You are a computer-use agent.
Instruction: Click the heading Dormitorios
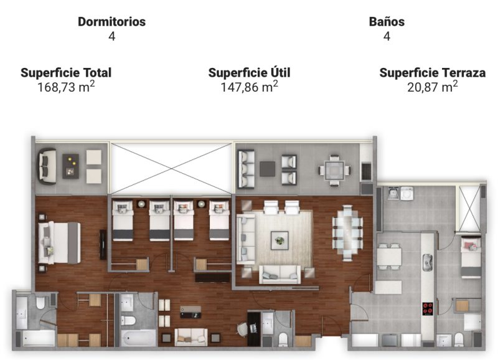point(112,22)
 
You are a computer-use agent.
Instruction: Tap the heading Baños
point(387,22)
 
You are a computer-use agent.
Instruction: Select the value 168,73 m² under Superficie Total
point(66,87)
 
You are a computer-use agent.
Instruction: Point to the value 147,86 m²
point(250,87)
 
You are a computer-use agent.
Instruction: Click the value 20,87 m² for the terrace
point(433,87)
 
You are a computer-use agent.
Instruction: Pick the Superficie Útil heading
point(250,72)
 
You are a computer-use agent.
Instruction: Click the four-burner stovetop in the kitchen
point(428,308)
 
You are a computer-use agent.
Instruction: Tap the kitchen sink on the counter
point(428,262)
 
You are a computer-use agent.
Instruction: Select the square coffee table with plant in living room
point(280,240)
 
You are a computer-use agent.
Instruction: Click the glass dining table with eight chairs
point(348,233)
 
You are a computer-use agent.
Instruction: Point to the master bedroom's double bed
point(59,243)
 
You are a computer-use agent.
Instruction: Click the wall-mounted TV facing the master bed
point(103,244)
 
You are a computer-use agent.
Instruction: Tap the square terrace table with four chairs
point(335,170)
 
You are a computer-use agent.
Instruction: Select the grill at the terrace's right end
point(367,171)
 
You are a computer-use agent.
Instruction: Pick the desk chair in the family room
point(243,328)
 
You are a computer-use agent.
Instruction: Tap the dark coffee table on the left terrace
point(70,166)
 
